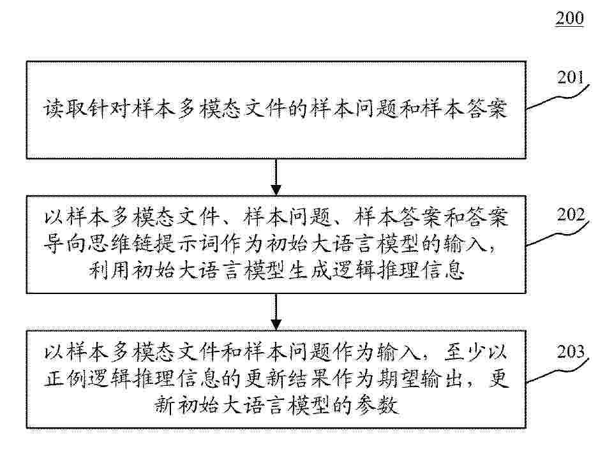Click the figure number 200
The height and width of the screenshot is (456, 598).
[x=569, y=18]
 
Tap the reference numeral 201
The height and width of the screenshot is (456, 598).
[x=571, y=77]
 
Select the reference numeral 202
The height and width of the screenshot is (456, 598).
[x=571, y=215]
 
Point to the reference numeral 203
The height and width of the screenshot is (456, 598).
[x=571, y=351]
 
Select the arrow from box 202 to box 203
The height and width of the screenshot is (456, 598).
[x=276, y=312]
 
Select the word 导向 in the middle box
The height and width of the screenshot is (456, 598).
[x=65, y=243]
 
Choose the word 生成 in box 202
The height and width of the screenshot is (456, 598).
[x=309, y=271]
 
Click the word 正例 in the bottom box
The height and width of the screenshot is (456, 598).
[x=65, y=379]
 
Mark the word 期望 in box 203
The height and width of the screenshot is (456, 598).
[x=398, y=379]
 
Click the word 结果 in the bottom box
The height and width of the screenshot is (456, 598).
[x=309, y=379]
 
